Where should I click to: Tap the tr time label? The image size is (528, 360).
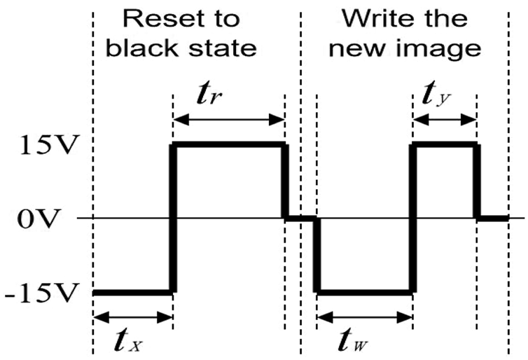(228, 96)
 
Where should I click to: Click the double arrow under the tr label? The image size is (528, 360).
(228, 120)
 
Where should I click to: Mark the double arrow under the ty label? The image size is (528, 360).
(445, 120)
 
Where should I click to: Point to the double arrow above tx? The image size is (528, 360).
(132, 317)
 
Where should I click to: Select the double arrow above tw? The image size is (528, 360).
(364, 317)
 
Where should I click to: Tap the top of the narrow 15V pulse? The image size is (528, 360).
(445, 145)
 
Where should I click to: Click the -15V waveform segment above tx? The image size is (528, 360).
(132, 291)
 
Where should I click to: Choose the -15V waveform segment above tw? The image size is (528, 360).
(364, 291)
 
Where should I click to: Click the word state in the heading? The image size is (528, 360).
(221, 48)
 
